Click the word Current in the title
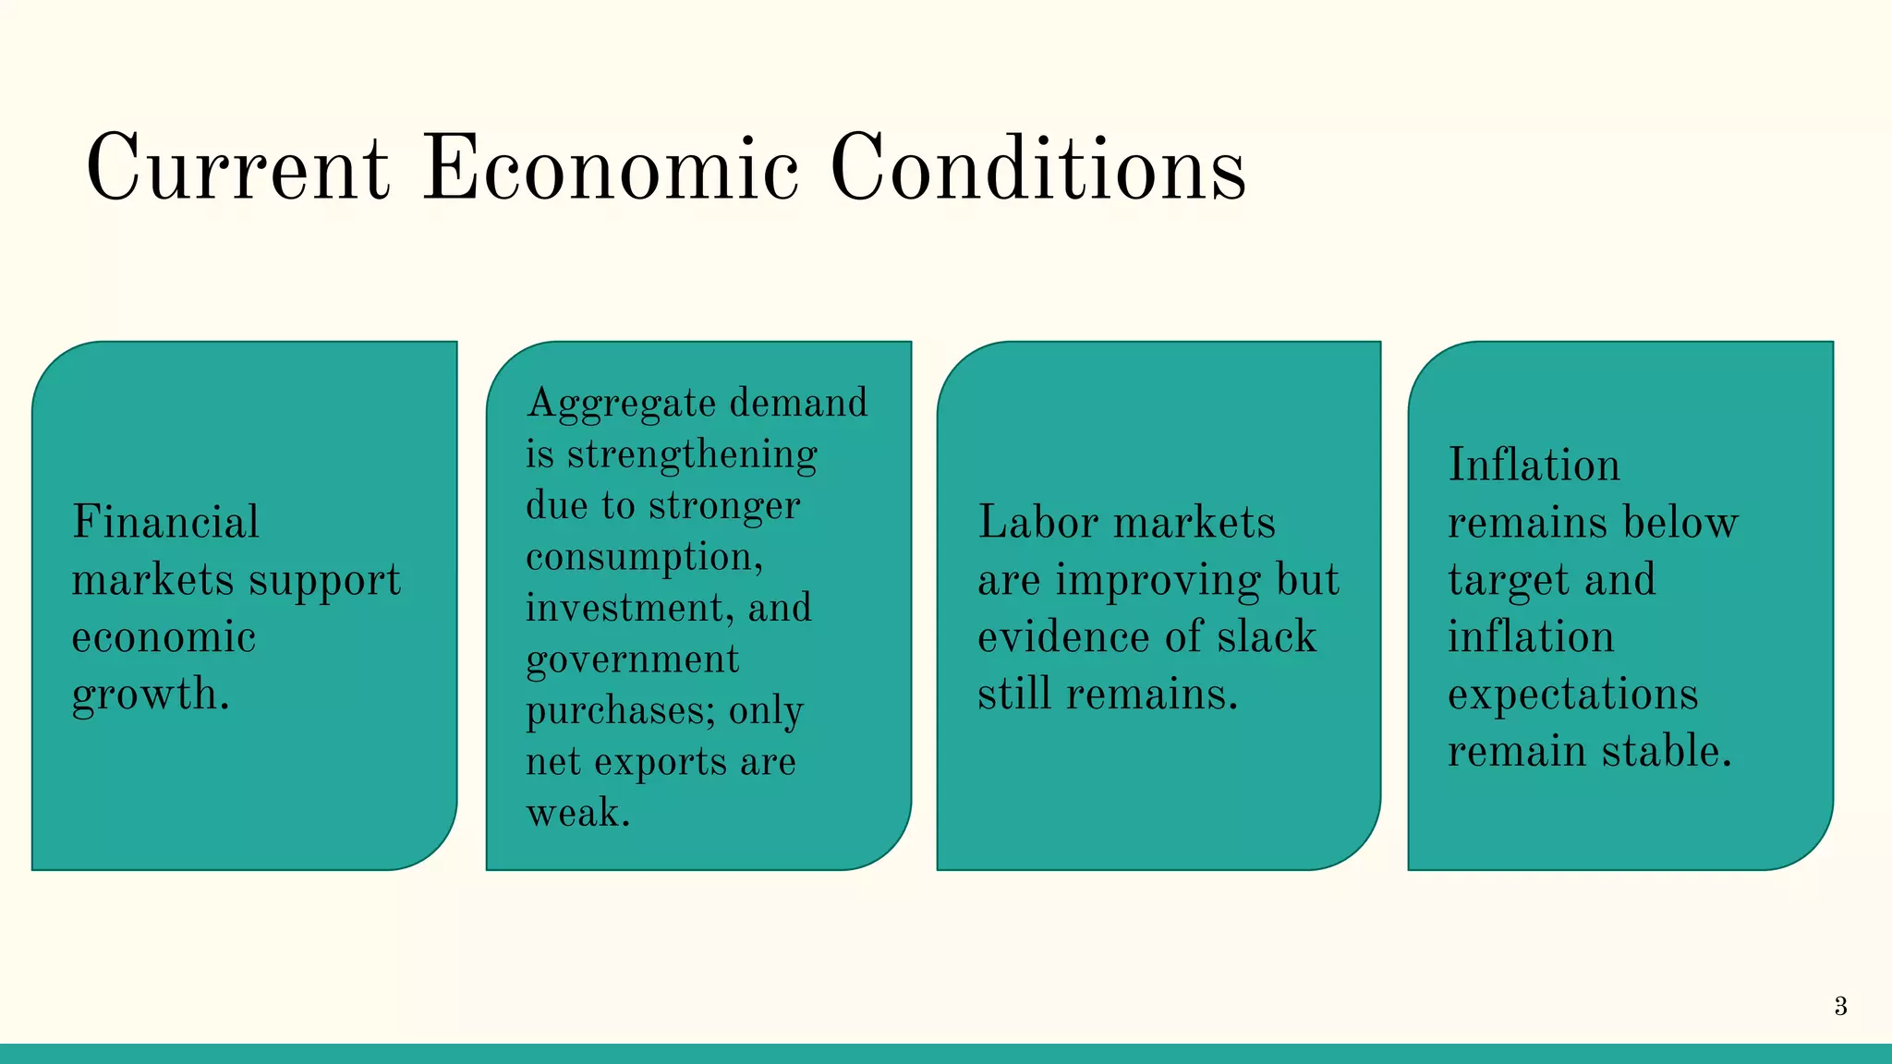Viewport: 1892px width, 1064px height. pos(237,168)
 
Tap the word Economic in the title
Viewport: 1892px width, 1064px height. pos(611,168)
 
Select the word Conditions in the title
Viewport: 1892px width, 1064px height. pos(1038,168)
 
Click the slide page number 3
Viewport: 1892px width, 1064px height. pos(1840,1006)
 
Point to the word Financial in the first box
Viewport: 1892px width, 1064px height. pos(166,522)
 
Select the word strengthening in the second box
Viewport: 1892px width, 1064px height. pos(692,455)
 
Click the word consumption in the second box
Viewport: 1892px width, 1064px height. pos(642,558)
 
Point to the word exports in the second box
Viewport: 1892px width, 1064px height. pos(661,763)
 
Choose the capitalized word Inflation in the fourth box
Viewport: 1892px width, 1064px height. pos(1534,465)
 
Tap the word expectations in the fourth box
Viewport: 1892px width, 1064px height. pos(1572,695)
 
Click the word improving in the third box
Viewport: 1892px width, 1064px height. pos(1158,581)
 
